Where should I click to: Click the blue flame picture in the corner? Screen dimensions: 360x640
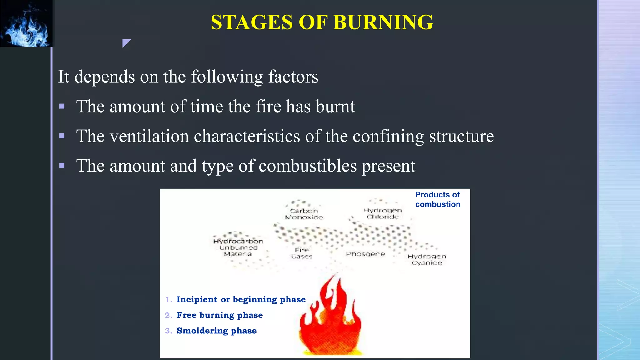(27, 23)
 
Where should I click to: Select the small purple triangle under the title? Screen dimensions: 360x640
(126, 42)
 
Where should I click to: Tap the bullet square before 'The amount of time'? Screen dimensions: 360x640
(62, 107)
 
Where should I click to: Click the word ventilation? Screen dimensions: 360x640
(149, 136)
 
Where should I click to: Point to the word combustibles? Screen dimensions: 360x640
(307, 166)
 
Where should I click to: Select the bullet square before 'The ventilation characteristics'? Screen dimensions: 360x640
(62, 136)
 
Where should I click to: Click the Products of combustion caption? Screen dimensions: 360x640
(437, 199)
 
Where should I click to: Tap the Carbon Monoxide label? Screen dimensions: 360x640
(304, 214)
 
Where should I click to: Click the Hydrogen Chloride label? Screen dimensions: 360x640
(383, 213)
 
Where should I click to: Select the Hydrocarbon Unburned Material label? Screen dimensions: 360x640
(238, 247)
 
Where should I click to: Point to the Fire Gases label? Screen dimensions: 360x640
(302, 253)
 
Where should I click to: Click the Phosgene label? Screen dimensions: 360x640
(365, 254)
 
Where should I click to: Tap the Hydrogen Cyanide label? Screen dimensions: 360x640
(427, 259)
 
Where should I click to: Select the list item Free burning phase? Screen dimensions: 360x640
(219, 315)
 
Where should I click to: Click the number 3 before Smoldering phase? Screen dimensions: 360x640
(168, 331)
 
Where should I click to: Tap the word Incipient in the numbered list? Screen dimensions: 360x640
(197, 299)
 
